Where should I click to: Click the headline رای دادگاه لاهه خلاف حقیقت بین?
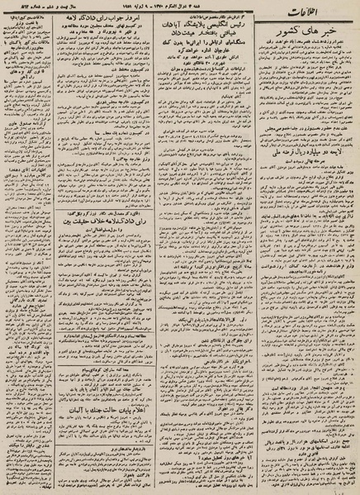pyautogui.click(x=92, y=222)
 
